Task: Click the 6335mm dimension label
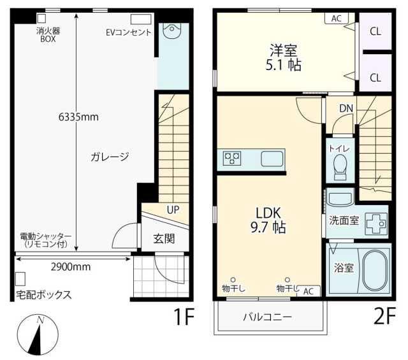[x=78, y=117]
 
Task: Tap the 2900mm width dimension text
[x=71, y=267]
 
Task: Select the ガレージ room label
[x=110, y=157]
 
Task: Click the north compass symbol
[x=38, y=335]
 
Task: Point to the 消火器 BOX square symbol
[x=41, y=18]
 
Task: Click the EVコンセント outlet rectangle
[x=141, y=20]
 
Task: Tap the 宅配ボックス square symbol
[x=20, y=279]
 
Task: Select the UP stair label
[x=173, y=210]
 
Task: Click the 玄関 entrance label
[x=164, y=238]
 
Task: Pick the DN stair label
[x=346, y=108]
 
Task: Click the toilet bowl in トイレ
[x=340, y=167]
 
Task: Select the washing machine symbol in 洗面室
[x=377, y=223]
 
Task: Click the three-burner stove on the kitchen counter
[x=232, y=159]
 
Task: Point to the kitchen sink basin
[x=272, y=159]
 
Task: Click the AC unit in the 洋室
[x=337, y=18]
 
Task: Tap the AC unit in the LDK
[x=309, y=291]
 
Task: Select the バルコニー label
[x=268, y=317]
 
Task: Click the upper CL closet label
[x=375, y=32]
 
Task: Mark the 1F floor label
[x=184, y=316]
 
